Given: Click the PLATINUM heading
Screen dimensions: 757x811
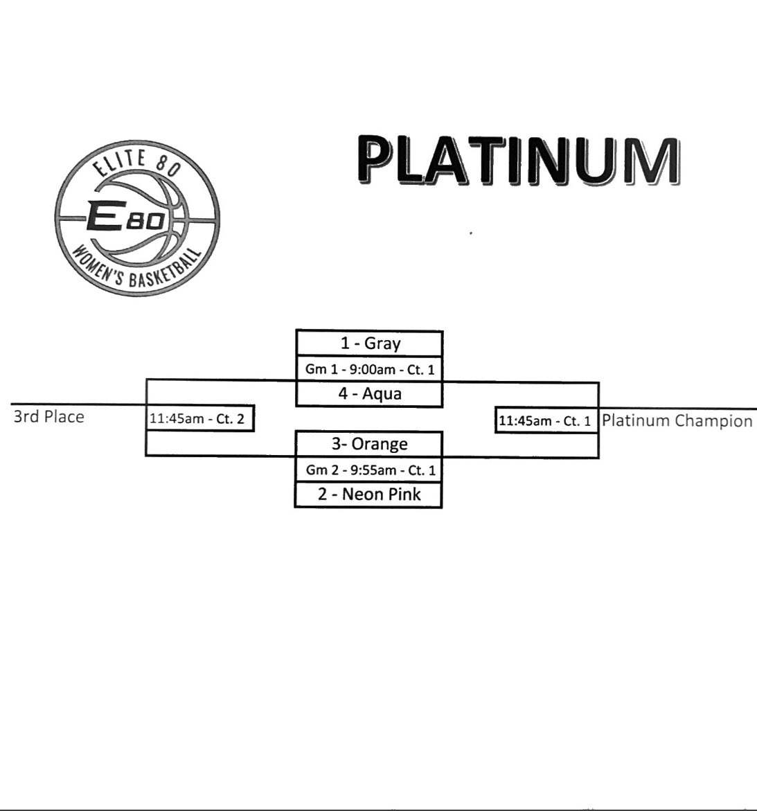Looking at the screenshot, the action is pos(518,161).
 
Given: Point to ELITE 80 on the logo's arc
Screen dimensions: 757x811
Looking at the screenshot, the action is pos(135,165).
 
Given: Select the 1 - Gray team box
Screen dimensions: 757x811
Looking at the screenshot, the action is pos(369,344).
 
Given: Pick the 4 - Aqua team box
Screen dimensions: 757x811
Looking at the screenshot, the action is pos(369,394).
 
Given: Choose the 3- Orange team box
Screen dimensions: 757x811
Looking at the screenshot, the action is pos(368,444).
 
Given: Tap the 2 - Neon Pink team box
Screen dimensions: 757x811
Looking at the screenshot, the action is pos(368,494).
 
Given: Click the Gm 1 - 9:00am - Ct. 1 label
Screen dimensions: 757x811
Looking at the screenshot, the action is pos(370,370).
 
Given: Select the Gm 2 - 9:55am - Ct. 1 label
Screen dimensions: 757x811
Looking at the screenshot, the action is pos(371,470).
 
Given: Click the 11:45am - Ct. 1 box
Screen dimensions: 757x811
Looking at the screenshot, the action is pos(545,420).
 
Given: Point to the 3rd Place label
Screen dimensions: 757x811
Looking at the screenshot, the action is pos(48,417).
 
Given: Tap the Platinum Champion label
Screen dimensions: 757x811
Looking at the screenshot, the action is pos(677,420).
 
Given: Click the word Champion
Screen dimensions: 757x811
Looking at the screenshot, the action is pos(713,421).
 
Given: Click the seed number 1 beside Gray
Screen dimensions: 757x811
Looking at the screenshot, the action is pos(344,344).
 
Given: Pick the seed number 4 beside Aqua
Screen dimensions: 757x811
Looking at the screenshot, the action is pos(343,394).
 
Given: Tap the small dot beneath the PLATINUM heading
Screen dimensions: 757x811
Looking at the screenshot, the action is pos(471,233).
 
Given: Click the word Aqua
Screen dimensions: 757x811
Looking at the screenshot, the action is pos(382,394).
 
